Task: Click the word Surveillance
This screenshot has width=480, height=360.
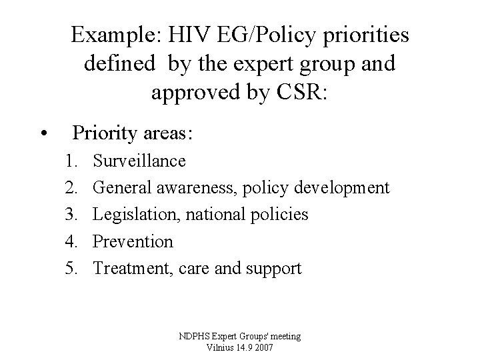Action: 139,161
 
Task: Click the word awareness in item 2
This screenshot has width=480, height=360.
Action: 193,187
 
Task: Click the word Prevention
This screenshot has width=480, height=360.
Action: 133,241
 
